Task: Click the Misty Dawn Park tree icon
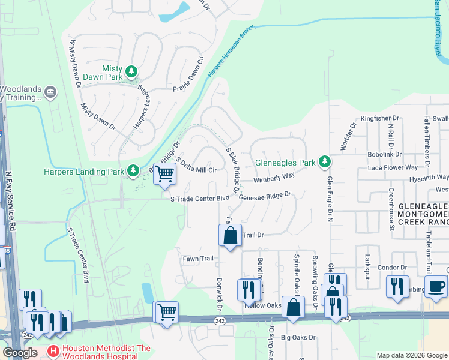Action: pos(131,73)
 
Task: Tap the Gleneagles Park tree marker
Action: pos(325,161)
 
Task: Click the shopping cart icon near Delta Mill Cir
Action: pos(164,174)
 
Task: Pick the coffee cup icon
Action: pos(436,286)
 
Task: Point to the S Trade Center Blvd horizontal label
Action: pos(200,198)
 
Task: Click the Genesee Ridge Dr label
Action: pos(265,196)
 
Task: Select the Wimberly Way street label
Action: pos(274,178)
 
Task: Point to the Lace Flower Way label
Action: pos(393,167)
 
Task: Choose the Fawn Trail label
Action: pos(198,259)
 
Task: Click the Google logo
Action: pos(20,353)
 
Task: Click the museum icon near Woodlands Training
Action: pos(50,92)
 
